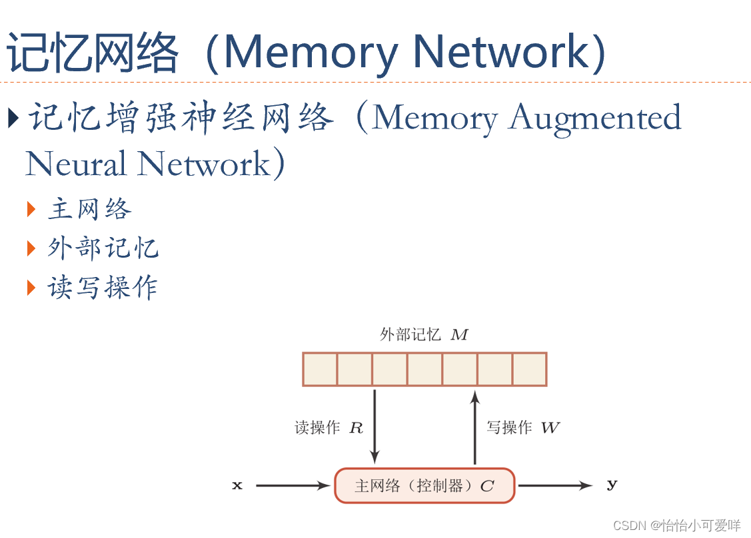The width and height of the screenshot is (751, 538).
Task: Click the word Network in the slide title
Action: [x=500, y=52]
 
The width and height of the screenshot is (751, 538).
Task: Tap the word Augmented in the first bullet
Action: [x=595, y=119]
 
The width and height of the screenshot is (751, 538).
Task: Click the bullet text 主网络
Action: [x=89, y=210]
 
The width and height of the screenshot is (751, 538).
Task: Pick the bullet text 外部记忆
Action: [x=103, y=248]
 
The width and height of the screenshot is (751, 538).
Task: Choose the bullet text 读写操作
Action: [x=103, y=288]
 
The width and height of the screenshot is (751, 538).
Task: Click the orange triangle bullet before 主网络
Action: [x=31, y=210]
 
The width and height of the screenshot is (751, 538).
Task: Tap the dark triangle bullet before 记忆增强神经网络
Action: [x=13, y=119]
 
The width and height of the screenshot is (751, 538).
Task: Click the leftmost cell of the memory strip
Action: [x=320, y=370]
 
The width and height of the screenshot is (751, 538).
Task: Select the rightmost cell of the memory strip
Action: [x=530, y=370]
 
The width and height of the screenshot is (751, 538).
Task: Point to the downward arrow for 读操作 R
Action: [x=375, y=426]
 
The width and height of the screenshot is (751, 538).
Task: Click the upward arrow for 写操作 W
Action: [x=474, y=426]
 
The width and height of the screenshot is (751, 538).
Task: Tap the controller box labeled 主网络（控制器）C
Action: [x=424, y=486]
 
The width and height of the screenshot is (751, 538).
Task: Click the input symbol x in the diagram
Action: [x=237, y=486]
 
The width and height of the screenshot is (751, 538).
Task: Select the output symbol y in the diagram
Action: [x=612, y=485]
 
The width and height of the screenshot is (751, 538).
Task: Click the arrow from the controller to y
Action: [x=554, y=486]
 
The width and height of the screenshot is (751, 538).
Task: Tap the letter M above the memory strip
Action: [x=459, y=335]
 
